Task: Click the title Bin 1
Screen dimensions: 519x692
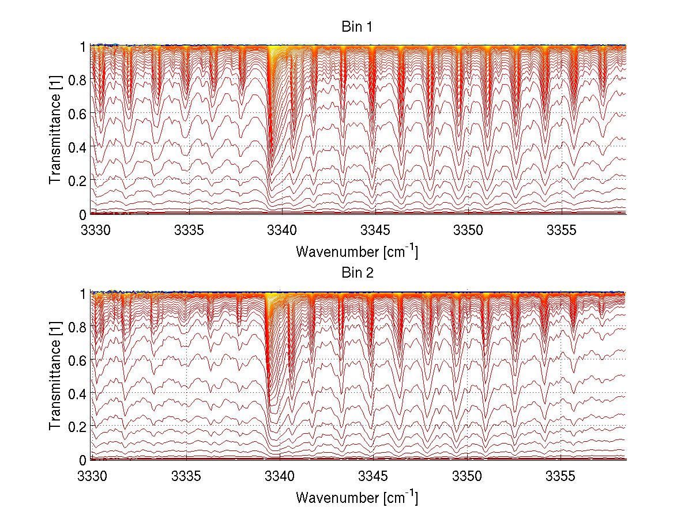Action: pyautogui.click(x=358, y=27)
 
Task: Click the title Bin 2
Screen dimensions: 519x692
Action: pyautogui.click(x=358, y=273)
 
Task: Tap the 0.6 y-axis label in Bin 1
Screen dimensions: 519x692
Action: pyautogui.click(x=77, y=113)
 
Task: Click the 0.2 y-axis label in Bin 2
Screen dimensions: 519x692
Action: pyautogui.click(x=77, y=426)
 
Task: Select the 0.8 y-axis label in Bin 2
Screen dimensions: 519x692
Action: pyautogui.click(x=77, y=327)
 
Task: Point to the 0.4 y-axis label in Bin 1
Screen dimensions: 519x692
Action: pyautogui.click(x=77, y=147)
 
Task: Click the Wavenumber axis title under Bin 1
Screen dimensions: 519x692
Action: pyautogui.click(x=357, y=251)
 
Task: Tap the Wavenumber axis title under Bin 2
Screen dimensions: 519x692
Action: pyautogui.click(x=357, y=497)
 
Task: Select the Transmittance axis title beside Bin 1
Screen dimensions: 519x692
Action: pyautogui.click(x=55, y=131)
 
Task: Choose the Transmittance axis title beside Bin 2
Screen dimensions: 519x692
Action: pyautogui.click(x=55, y=377)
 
